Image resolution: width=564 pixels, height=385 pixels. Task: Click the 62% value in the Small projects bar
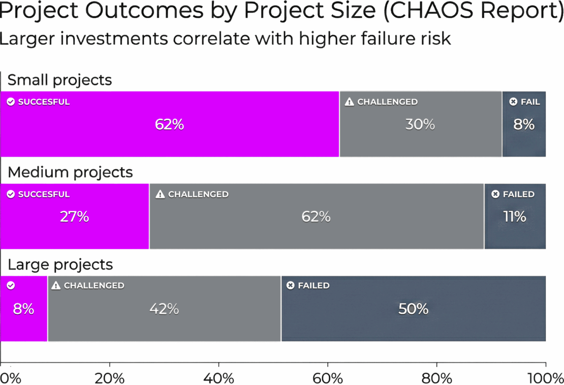169,125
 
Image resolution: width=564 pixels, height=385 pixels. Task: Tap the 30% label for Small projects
420,125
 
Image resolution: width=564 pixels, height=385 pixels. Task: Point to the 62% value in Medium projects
316,217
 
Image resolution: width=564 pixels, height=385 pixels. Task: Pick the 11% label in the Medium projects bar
514,217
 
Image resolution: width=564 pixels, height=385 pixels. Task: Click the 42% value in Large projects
164,309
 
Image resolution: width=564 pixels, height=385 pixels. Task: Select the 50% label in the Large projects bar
413,309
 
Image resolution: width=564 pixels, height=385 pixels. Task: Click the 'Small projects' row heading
59,80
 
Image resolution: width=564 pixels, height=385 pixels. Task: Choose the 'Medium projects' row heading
70,172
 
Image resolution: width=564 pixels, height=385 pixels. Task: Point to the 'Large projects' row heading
60,265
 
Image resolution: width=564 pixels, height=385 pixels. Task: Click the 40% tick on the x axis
219,378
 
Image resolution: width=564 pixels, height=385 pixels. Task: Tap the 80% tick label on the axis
437,378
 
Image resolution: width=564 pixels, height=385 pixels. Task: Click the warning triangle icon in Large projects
56,286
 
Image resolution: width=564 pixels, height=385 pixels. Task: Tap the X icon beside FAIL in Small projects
513,102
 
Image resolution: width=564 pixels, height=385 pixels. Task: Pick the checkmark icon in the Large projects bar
11,286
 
